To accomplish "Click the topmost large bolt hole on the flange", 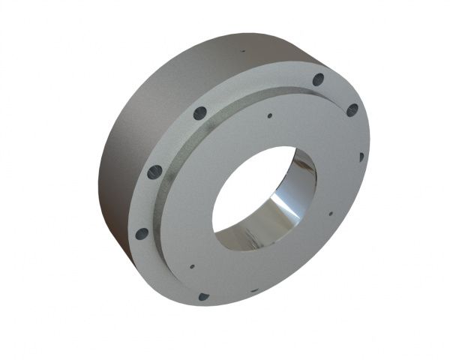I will [318, 79].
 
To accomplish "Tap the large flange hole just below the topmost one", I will [352, 109].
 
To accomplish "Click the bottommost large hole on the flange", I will [203, 296].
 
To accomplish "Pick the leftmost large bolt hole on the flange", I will [142, 233].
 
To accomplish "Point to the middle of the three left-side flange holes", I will [154, 172].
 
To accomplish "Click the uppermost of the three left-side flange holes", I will [200, 113].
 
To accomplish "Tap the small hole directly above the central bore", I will [269, 116].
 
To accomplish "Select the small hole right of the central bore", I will [330, 213].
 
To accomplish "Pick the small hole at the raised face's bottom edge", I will [254, 289].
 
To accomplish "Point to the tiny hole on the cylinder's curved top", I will [242, 52].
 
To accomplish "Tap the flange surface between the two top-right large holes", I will [337, 93].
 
